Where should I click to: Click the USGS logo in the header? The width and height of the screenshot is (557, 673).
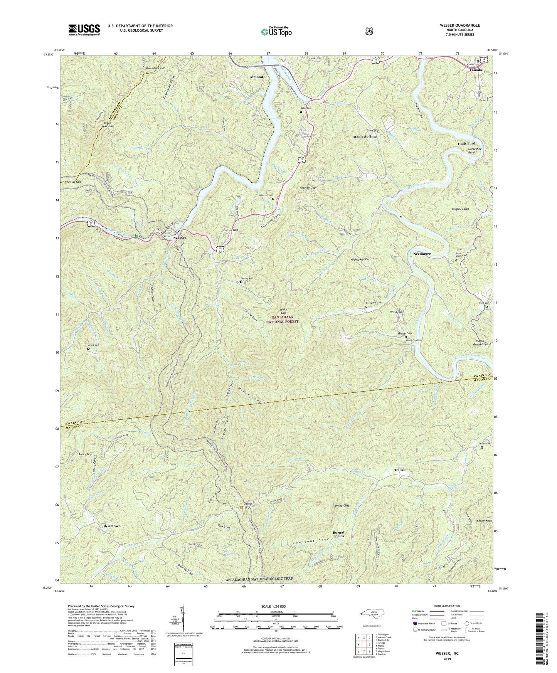pos(84,29)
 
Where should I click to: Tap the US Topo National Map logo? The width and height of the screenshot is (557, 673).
pos(275,31)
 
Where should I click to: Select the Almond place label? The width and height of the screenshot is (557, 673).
pos(256,77)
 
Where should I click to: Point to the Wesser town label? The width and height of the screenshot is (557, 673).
pos(180,238)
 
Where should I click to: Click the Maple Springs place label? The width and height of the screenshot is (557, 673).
pos(365,136)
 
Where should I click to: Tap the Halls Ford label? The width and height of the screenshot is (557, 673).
pos(466,143)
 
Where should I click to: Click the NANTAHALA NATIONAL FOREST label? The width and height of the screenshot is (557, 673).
pos(284,319)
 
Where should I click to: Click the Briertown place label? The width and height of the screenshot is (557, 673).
pos(112,526)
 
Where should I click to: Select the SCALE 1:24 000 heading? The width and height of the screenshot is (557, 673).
pos(274,606)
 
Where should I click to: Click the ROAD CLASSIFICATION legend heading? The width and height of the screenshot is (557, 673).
pos(447,606)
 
